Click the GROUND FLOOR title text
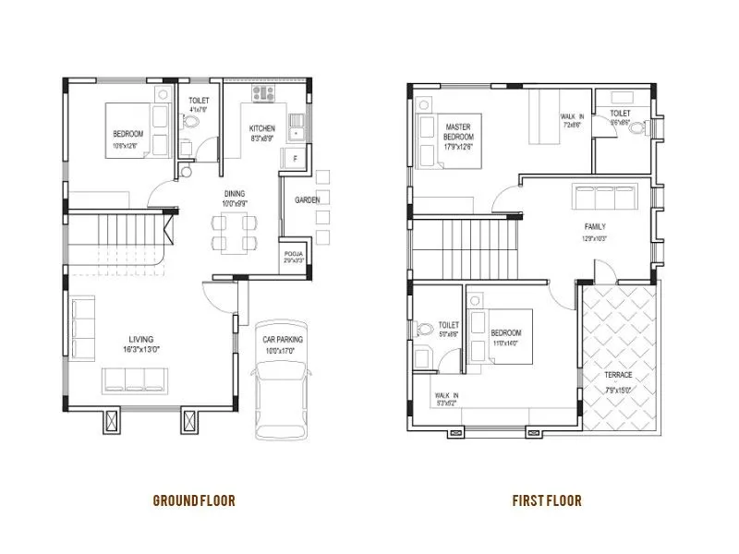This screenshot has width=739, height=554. (194, 500)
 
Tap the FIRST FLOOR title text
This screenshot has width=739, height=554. (547, 500)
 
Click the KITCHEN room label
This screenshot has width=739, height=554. (261, 128)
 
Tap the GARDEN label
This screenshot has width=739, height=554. (308, 199)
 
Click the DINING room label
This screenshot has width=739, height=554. (234, 193)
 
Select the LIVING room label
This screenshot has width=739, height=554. (141, 339)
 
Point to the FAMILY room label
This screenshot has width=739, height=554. (595, 226)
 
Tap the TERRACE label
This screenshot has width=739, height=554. (618, 375)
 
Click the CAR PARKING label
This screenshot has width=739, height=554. (282, 340)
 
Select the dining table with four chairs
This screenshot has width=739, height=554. (233, 232)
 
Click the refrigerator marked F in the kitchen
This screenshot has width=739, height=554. (294, 159)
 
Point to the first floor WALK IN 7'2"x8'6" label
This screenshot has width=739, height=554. (573, 119)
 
